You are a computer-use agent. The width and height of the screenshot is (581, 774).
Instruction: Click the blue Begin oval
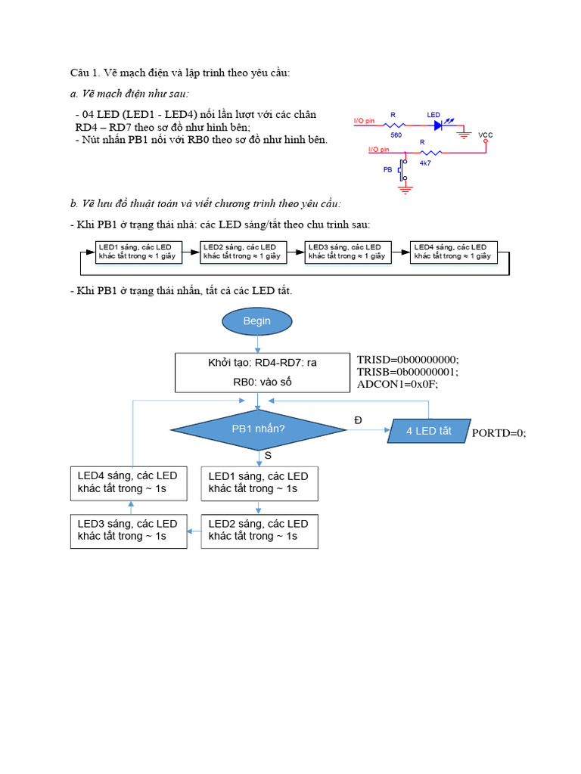(x=256, y=321)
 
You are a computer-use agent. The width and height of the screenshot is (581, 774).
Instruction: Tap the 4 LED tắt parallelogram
(x=428, y=431)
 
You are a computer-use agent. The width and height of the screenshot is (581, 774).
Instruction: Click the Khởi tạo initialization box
(x=263, y=372)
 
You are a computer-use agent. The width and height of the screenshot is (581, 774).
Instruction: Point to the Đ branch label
(x=358, y=420)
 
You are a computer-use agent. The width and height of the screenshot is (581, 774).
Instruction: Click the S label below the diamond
(x=267, y=455)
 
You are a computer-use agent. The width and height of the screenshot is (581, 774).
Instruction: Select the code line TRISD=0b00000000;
(x=408, y=360)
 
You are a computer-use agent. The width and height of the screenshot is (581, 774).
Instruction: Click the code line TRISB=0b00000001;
(x=408, y=372)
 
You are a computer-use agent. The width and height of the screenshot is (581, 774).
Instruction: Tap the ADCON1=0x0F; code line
(x=398, y=384)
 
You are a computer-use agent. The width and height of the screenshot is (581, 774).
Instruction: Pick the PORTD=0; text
(x=499, y=433)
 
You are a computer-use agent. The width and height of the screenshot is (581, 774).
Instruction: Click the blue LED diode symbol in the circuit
(x=440, y=125)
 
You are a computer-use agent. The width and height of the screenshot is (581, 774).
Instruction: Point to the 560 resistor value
(x=396, y=135)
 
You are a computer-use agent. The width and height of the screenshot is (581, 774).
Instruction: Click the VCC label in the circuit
(x=486, y=135)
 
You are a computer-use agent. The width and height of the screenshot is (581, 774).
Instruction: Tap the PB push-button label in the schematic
(x=389, y=170)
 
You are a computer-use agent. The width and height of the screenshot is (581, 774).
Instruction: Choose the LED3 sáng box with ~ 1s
(x=128, y=530)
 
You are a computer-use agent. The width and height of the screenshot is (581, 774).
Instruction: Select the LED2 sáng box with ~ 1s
(x=259, y=530)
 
